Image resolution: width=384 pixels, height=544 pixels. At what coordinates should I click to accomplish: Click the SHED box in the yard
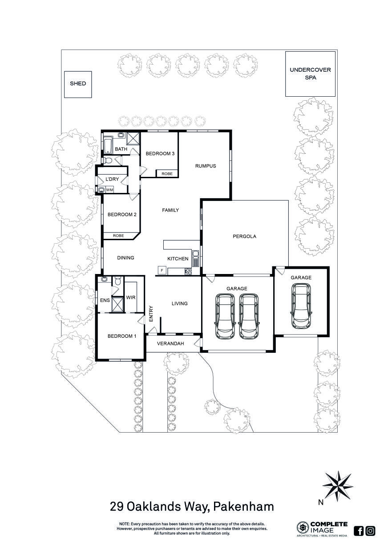point(78,84)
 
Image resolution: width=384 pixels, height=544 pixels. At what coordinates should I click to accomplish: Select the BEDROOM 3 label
point(160,154)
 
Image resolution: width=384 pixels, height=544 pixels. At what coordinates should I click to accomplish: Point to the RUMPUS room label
point(205,166)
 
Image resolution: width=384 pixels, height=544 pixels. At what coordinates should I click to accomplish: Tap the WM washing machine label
point(109,190)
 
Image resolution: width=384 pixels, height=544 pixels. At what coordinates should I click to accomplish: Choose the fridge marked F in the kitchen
point(162,270)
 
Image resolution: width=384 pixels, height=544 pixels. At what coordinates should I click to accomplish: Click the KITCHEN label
point(178,259)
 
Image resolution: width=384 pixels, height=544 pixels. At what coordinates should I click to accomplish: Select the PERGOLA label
point(244,237)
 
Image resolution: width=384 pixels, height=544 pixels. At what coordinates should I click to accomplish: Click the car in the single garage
point(300,307)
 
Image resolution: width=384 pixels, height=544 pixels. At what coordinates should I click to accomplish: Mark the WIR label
point(130,297)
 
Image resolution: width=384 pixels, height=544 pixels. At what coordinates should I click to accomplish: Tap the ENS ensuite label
point(105,300)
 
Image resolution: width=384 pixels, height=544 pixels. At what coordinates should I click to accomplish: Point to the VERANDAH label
point(171,344)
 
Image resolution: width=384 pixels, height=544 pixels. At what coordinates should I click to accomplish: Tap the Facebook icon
point(359,531)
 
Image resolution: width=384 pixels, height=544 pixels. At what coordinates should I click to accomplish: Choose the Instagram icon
point(370,531)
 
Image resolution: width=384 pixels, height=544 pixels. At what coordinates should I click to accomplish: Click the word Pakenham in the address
point(243,507)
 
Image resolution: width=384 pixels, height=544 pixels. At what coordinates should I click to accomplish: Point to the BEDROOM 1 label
point(122,336)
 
